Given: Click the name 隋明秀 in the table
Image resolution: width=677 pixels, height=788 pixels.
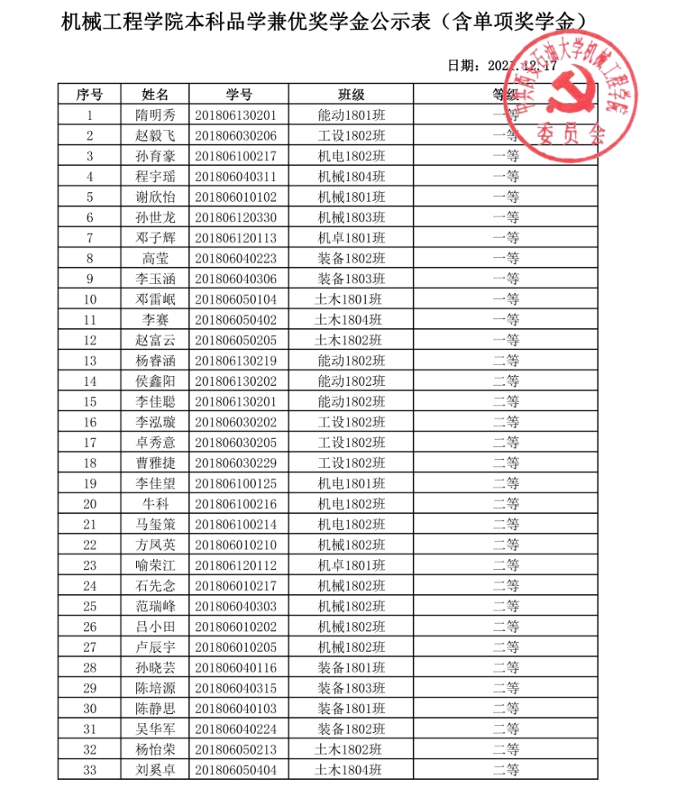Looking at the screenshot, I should coord(155,115).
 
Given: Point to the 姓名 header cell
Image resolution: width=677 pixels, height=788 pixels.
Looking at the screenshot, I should coord(155,94).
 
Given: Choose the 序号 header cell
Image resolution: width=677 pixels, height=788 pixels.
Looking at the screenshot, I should coord(89,94).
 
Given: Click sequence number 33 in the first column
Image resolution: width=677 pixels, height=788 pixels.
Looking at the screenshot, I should coord(90,768).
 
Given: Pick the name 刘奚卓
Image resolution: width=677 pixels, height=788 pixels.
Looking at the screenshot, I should coord(155,768).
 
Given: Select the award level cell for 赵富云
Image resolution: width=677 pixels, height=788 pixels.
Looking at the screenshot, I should coord(506,339).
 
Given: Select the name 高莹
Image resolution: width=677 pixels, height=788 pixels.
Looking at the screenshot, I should coord(155,258).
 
